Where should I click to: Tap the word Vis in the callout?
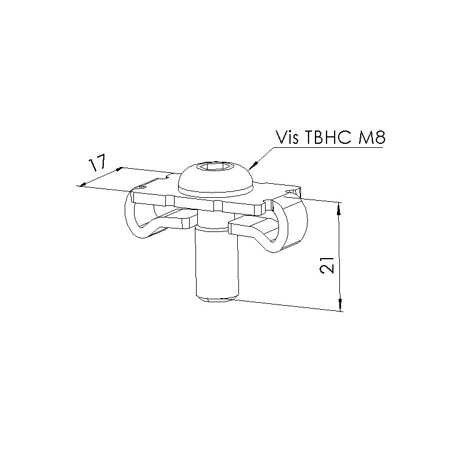(x=287, y=137)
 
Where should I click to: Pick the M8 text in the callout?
(x=370, y=137)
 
